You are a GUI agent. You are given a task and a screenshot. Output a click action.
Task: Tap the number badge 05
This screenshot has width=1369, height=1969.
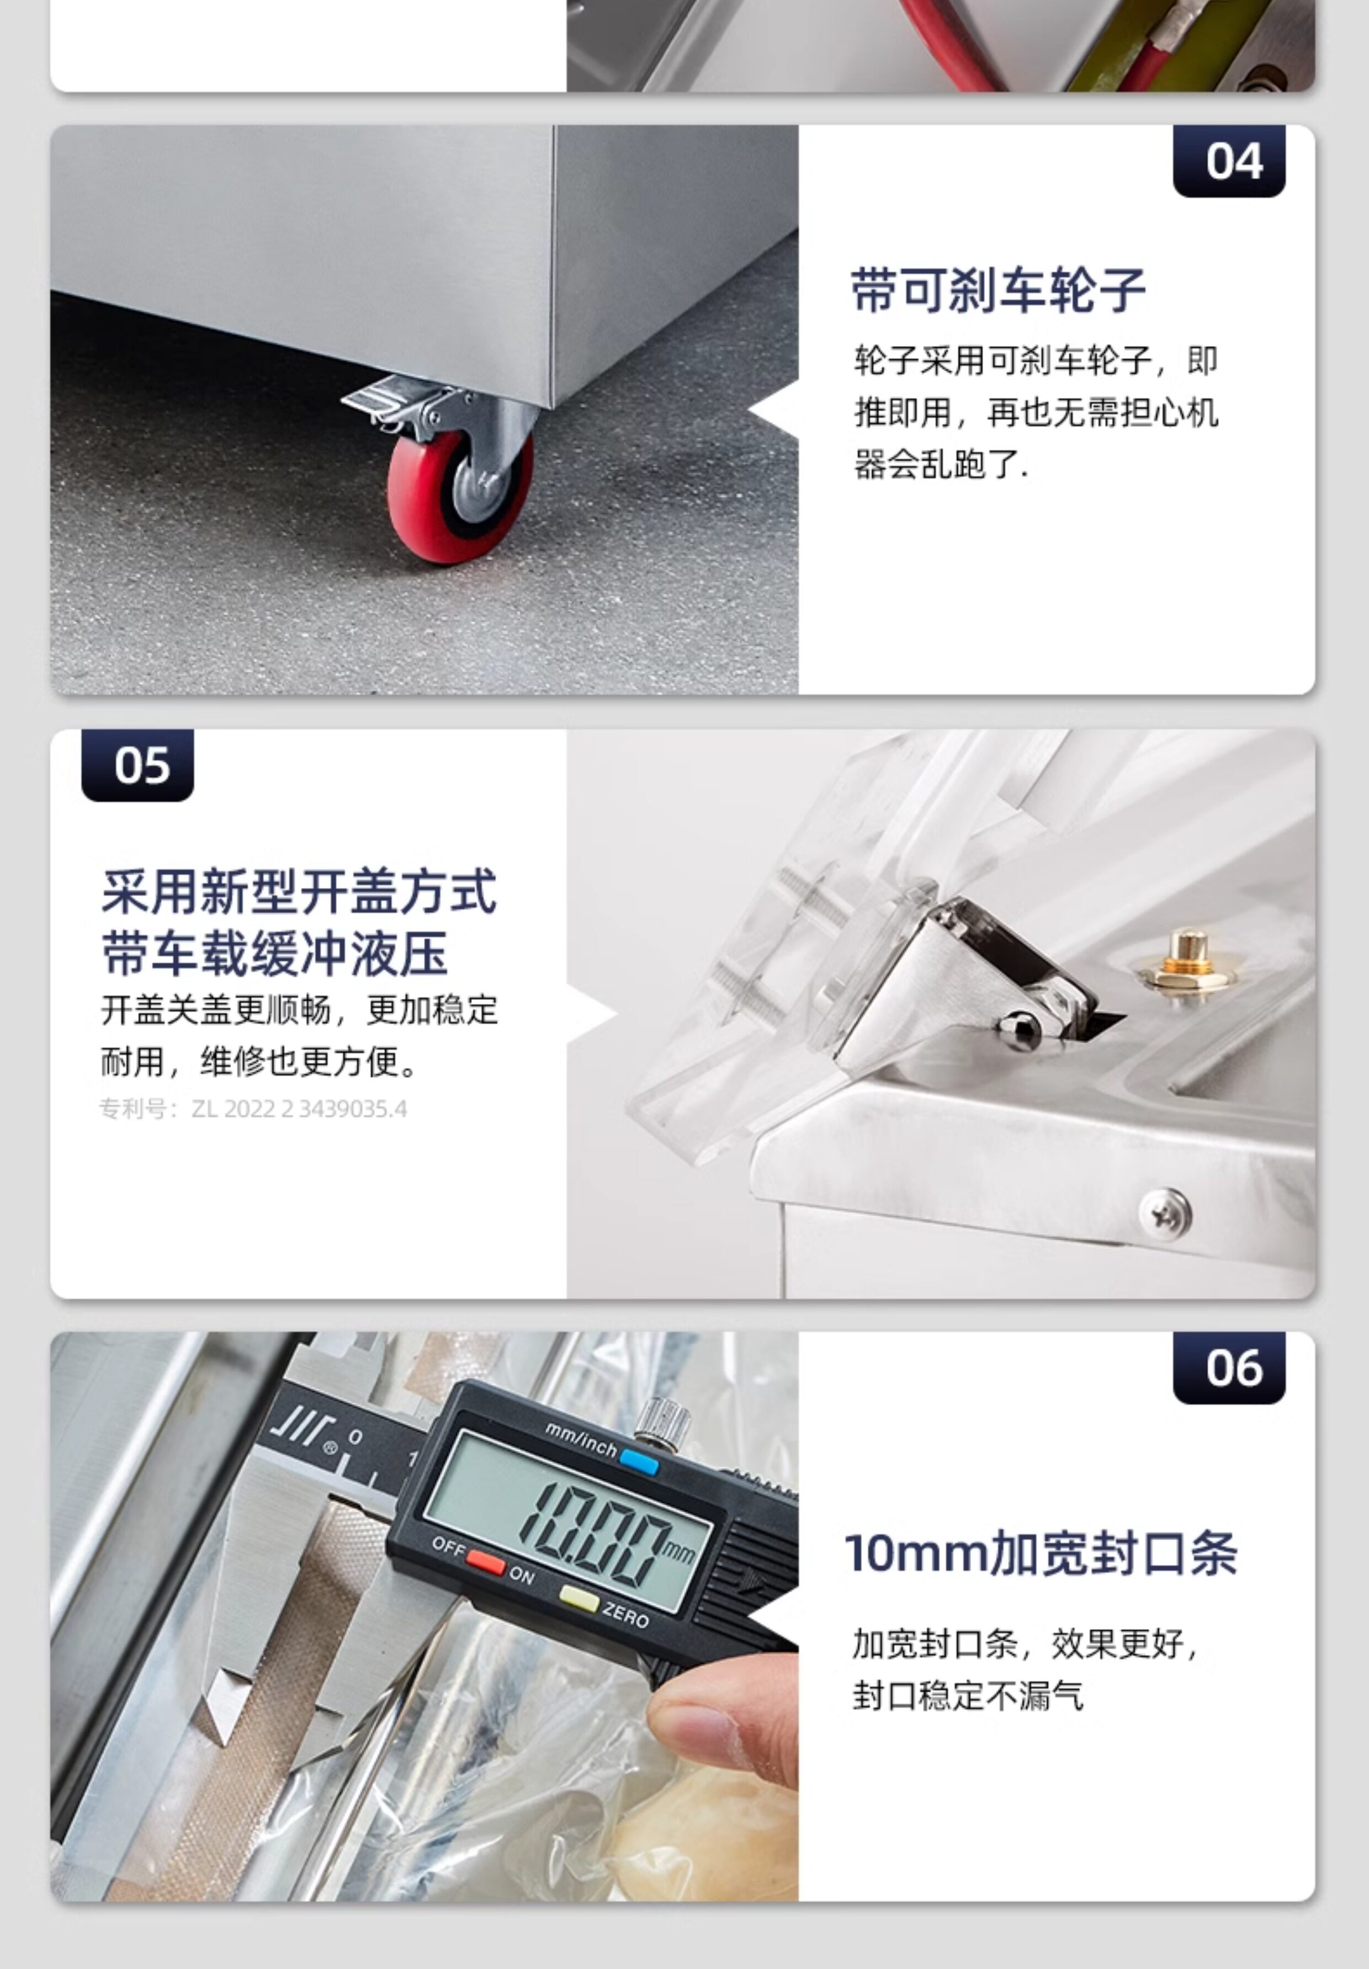pos(137,765)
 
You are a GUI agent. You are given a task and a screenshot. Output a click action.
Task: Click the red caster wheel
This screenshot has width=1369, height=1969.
pos(459,496)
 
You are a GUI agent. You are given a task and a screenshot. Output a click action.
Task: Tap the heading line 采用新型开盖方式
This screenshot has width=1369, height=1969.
pos(299,891)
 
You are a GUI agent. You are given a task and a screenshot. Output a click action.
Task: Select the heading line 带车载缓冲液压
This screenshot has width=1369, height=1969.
pos(274,954)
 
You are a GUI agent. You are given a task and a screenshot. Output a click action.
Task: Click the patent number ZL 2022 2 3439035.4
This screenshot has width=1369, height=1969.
pos(299,1109)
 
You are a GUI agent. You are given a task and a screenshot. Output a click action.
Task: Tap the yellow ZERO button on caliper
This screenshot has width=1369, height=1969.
pos(579,1598)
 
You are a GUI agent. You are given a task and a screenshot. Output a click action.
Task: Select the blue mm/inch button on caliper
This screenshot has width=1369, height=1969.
pos(639,1462)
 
